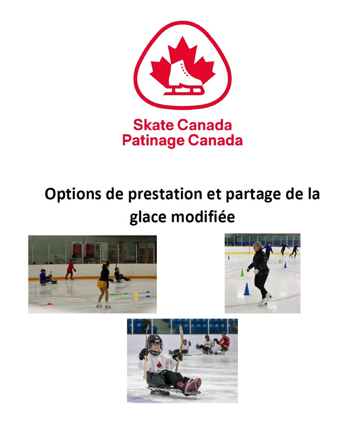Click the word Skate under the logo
click(x=153, y=125)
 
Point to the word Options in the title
click(x=73, y=194)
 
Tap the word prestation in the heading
click(x=165, y=194)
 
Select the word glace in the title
click(x=148, y=217)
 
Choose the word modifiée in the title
click(x=203, y=216)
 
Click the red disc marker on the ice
click(x=49, y=304)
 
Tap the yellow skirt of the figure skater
click(x=102, y=284)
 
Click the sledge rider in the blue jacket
click(x=46, y=278)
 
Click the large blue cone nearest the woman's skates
click(x=247, y=289)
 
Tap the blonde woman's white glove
click(x=256, y=272)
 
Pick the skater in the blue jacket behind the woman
click(x=268, y=250)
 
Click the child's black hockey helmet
click(x=155, y=343)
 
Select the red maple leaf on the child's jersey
click(x=159, y=365)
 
